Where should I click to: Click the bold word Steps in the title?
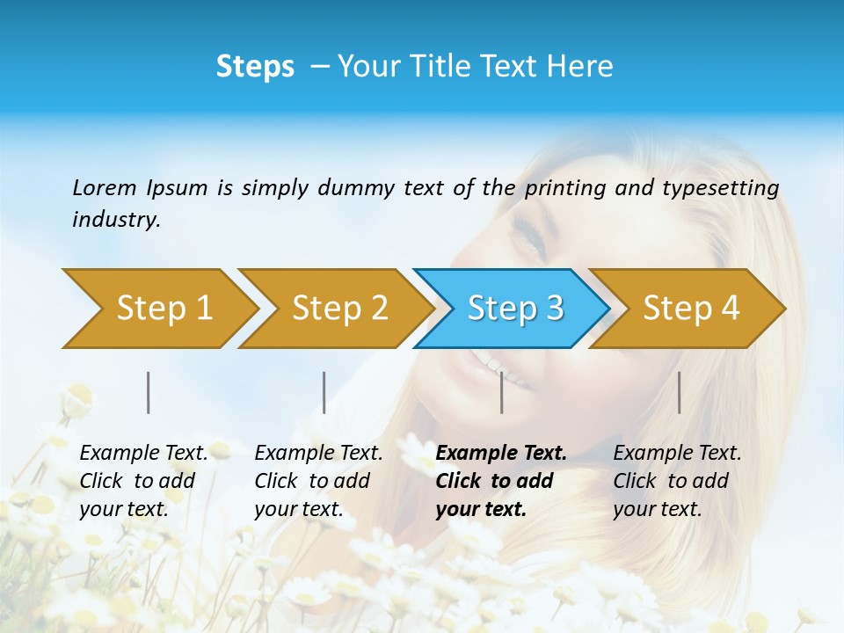pyautogui.click(x=255, y=67)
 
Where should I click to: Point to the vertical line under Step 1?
pyautogui.click(x=149, y=392)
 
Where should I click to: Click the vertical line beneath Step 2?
pyautogui.click(x=324, y=392)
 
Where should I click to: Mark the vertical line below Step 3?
pyautogui.click(x=502, y=392)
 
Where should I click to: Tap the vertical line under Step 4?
pyautogui.click(x=680, y=392)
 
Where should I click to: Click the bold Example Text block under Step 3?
pyautogui.click(x=500, y=481)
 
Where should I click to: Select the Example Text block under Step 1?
pyautogui.click(x=143, y=481)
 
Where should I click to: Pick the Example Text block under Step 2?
pyautogui.click(x=318, y=481)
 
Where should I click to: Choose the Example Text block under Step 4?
pyautogui.click(x=677, y=481)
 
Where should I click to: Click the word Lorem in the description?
pyautogui.click(x=105, y=188)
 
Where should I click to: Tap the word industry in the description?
pyautogui.click(x=115, y=220)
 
